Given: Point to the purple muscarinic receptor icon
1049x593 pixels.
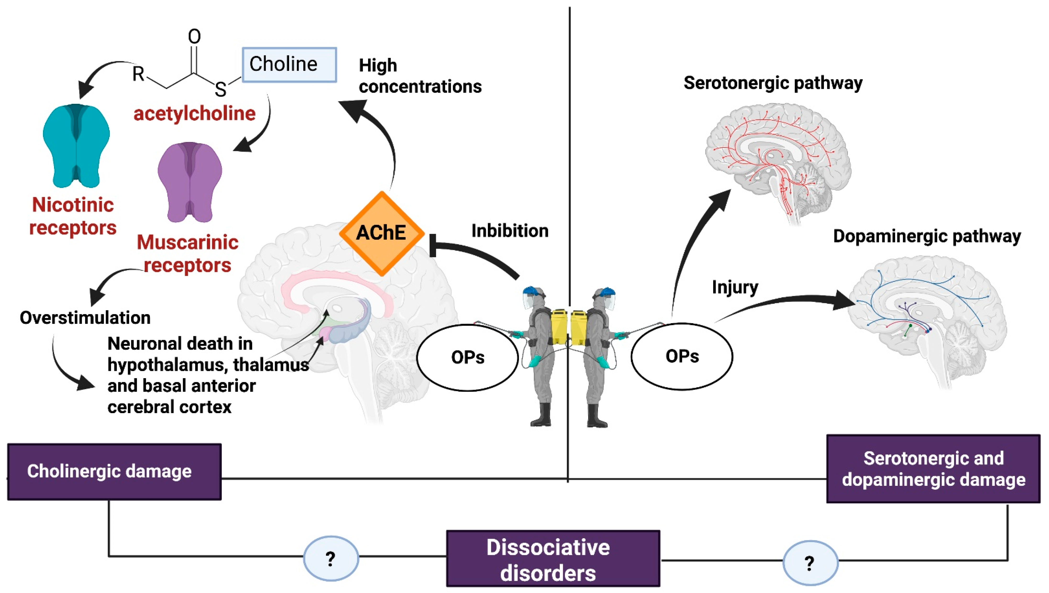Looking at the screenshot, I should click(190, 182).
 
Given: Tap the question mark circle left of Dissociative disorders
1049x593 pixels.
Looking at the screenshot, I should click(331, 558).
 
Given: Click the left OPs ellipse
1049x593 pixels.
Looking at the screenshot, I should click(468, 357).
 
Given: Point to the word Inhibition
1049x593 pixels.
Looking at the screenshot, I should click(510, 231).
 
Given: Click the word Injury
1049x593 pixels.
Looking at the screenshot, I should click(735, 287).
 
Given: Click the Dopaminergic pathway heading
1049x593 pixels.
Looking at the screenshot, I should click(927, 236).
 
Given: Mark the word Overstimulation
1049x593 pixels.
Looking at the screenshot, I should click(85, 318).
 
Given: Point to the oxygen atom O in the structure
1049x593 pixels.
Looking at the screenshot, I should click(194, 37).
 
